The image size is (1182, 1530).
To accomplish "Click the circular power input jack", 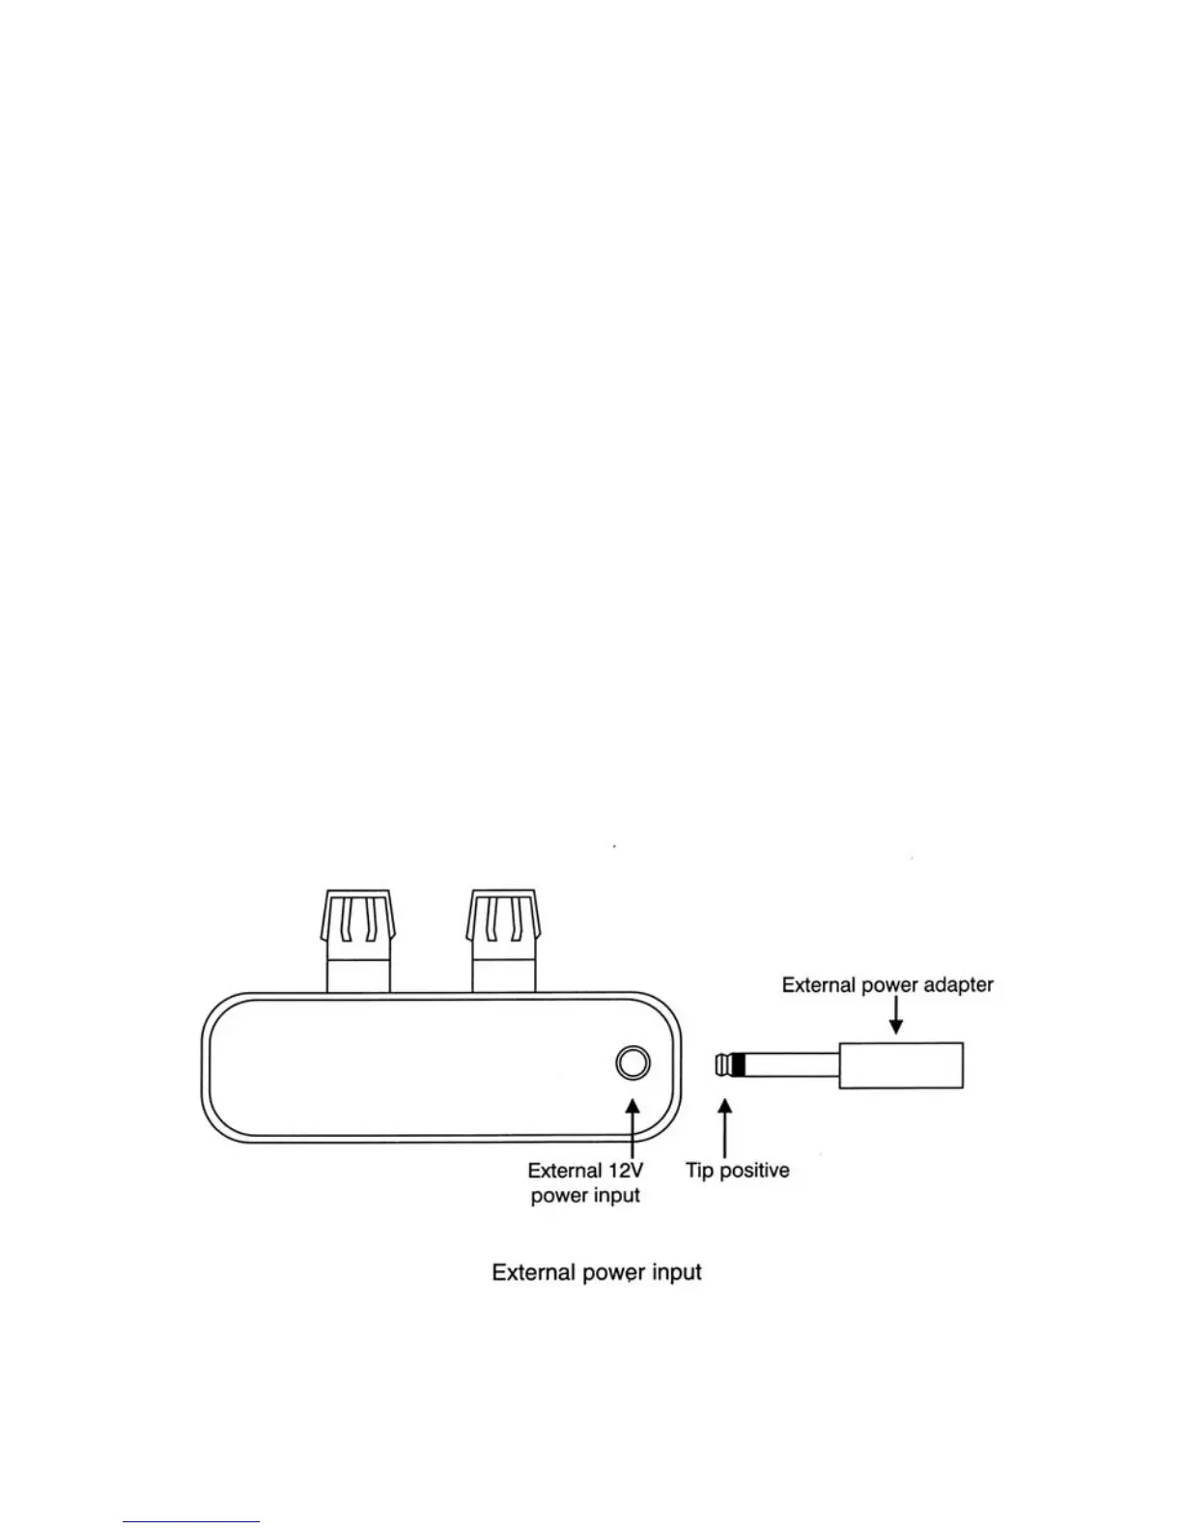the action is (x=633, y=1063).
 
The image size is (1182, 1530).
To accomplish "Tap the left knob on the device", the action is (x=359, y=927).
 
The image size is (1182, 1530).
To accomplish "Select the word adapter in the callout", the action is (x=956, y=985).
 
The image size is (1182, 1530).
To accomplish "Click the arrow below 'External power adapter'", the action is (x=895, y=1016).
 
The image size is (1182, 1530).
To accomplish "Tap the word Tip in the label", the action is (x=699, y=1171).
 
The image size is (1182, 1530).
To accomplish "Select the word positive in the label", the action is (x=754, y=1171).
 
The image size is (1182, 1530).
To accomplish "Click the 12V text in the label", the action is (x=626, y=1171).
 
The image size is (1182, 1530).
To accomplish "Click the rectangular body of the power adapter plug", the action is (x=900, y=1065).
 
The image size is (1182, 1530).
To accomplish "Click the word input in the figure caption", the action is (x=676, y=1272).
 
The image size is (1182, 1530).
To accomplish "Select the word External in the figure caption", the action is (x=533, y=1272).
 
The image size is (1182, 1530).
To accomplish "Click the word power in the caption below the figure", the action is (x=612, y=1272).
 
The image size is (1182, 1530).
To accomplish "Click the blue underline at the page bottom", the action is (x=191, y=1521).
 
